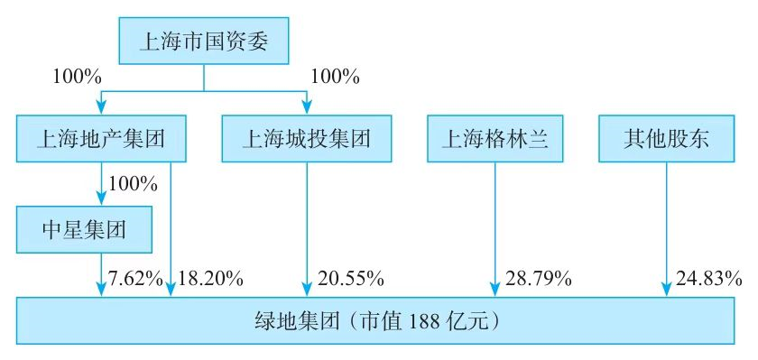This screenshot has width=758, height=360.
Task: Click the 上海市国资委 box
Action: (x=203, y=41)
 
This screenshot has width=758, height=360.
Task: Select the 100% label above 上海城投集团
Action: (x=335, y=78)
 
